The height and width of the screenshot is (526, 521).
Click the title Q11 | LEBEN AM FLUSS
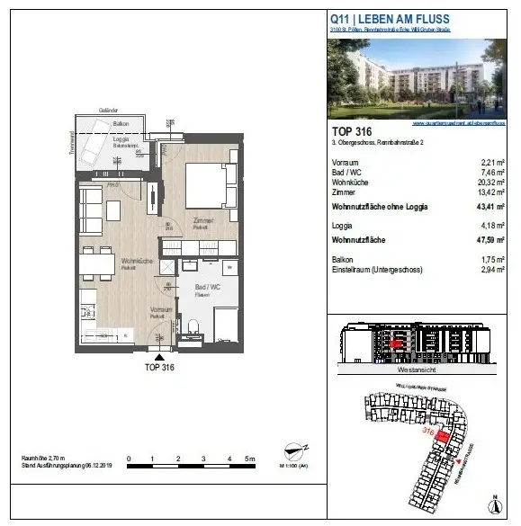[390, 19]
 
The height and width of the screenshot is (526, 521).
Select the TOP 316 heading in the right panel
[352, 131]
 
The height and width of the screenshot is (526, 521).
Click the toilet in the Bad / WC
[191, 326]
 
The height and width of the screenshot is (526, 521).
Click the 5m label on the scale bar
[251, 459]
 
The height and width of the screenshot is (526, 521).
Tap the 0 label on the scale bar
[129, 459]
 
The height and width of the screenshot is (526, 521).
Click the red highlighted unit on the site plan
[440, 435]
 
